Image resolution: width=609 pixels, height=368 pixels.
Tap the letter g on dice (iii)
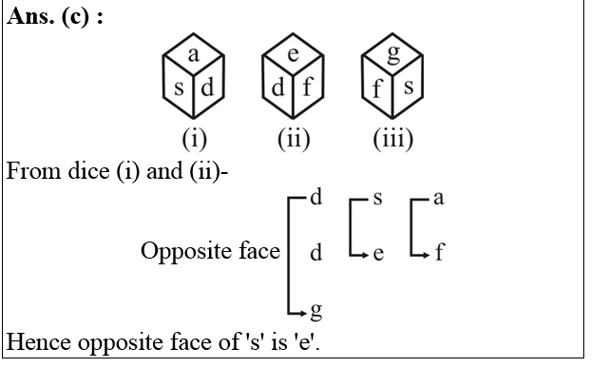[393, 56]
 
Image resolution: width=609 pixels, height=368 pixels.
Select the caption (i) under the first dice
[194, 140]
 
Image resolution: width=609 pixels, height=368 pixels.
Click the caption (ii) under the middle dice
[294, 140]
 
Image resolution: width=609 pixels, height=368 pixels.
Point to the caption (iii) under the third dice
[393, 140]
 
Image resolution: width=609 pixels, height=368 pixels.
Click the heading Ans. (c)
[54, 19]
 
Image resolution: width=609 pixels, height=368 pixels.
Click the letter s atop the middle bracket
[378, 199]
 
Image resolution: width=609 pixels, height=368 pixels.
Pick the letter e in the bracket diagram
[378, 255]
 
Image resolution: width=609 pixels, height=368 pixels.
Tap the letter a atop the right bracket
[438, 199]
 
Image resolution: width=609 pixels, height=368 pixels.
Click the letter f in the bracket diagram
[438, 254]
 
